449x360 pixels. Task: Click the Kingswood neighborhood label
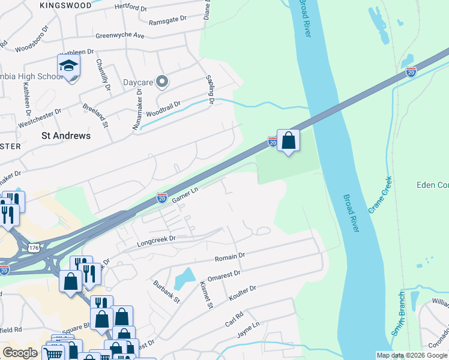pos(65,5)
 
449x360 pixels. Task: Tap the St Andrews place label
pos(66,136)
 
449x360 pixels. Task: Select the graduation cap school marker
pos(69,67)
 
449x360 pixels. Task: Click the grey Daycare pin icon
pos(161,82)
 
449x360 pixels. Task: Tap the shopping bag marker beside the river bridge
pos(289,142)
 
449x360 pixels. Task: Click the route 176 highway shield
pos(34,247)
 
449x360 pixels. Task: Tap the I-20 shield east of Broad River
pos(411,72)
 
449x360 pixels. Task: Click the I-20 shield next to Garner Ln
pos(161,197)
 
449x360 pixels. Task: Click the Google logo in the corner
pos(20,353)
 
